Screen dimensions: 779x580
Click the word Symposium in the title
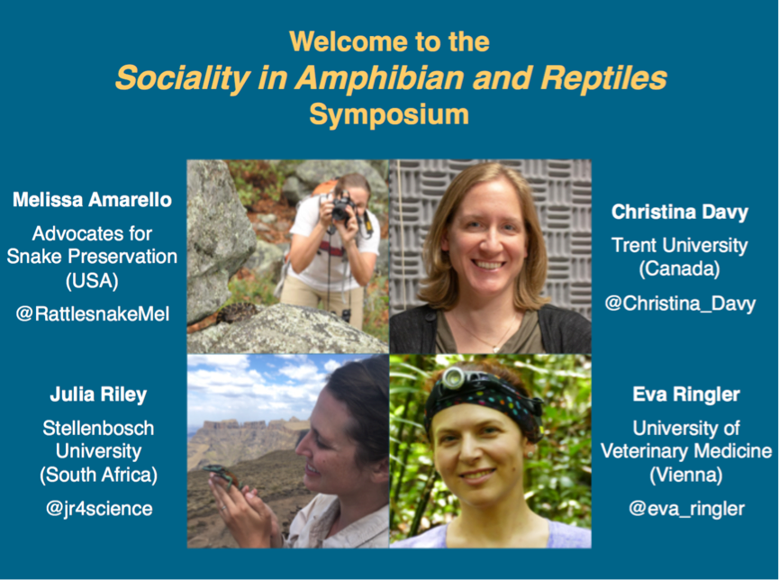(x=389, y=115)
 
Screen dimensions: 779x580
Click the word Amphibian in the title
(x=379, y=78)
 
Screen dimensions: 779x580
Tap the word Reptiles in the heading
(x=603, y=78)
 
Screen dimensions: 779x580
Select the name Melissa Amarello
(x=92, y=200)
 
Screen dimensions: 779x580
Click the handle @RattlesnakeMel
(x=93, y=314)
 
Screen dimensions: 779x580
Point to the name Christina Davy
(x=680, y=213)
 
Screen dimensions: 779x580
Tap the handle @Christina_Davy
(x=680, y=304)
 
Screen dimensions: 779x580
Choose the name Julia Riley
(x=98, y=394)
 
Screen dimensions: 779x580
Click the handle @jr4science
(x=99, y=509)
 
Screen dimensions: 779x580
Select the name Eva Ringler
(x=686, y=394)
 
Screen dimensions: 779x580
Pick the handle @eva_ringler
(x=686, y=509)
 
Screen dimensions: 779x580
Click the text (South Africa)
(x=98, y=475)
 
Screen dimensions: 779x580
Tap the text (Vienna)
(x=686, y=475)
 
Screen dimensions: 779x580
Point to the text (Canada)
(x=679, y=269)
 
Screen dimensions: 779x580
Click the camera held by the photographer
(x=343, y=207)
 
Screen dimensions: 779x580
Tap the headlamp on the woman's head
(x=453, y=379)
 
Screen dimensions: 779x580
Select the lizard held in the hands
(x=222, y=476)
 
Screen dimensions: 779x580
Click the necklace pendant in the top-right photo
(x=495, y=349)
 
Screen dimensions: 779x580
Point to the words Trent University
(x=680, y=246)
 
